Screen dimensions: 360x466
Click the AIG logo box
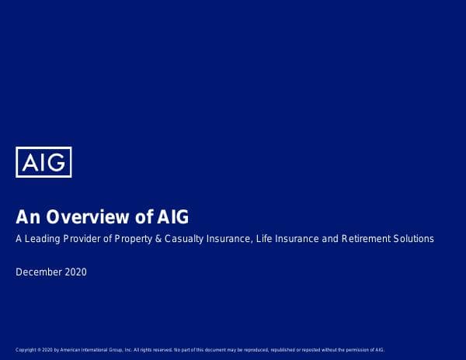pos(43,162)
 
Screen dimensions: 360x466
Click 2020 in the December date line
pos(76,272)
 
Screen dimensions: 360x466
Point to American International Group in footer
pos(92,350)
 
